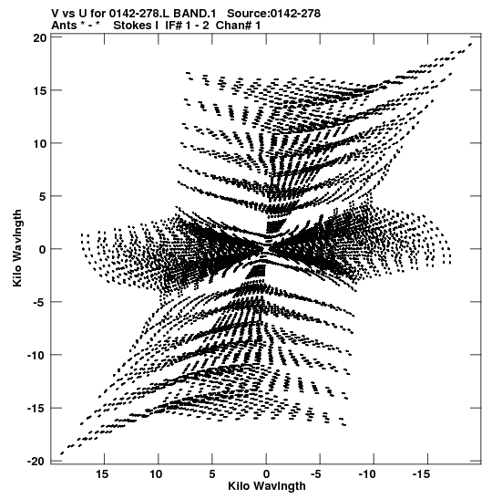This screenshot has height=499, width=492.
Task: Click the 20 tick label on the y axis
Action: (x=40, y=38)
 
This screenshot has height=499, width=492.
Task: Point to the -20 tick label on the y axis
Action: (x=36, y=461)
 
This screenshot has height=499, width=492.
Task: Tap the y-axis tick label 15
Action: (x=40, y=90)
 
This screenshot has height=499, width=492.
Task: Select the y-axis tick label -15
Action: (x=36, y=409)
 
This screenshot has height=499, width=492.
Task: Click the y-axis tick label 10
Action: (x=40, y=143)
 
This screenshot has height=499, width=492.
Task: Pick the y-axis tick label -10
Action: (x=36, y=355)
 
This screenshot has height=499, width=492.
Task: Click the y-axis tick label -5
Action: (x=40, y=302)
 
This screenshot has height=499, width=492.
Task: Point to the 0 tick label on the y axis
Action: (x=43, y=249)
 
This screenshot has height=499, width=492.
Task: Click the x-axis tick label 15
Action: (x=102, y=474)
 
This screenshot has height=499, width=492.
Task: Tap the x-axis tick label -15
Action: (x=422, y=474)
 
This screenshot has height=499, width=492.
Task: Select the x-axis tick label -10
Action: (x=367, y=474)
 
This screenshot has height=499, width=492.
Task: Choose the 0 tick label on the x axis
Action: (x=266, y=474)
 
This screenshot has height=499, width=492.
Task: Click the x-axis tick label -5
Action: (x=316, y=474)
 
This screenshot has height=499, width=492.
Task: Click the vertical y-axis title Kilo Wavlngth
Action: (x=17, y=248)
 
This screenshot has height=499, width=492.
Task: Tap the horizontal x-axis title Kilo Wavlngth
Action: (x=267, y=486)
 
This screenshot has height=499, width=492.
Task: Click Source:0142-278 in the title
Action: (x=274, y=14)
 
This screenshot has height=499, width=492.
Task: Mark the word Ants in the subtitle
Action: (x=64, y=26)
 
